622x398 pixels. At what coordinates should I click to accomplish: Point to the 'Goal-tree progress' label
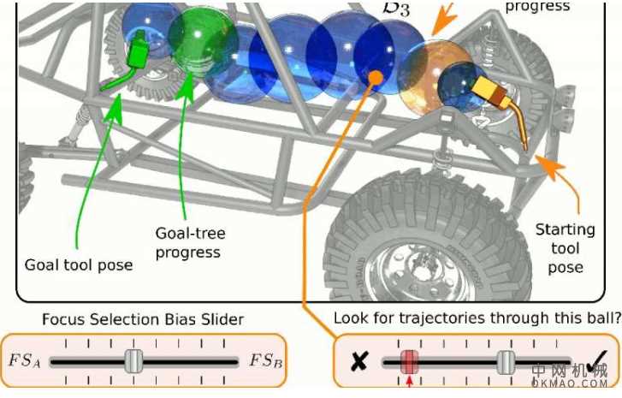pos(188,242)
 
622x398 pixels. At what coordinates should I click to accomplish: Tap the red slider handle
pos(409,360)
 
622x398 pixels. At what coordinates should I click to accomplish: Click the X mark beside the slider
pos(359,360)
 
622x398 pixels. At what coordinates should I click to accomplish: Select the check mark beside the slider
pos(596,360)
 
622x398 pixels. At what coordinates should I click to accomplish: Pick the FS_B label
pos(266,359)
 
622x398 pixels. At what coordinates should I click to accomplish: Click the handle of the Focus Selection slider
pos(132,360)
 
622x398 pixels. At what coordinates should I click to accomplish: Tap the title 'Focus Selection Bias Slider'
pos(142,320)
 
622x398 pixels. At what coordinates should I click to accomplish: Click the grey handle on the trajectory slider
pos(506,360)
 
